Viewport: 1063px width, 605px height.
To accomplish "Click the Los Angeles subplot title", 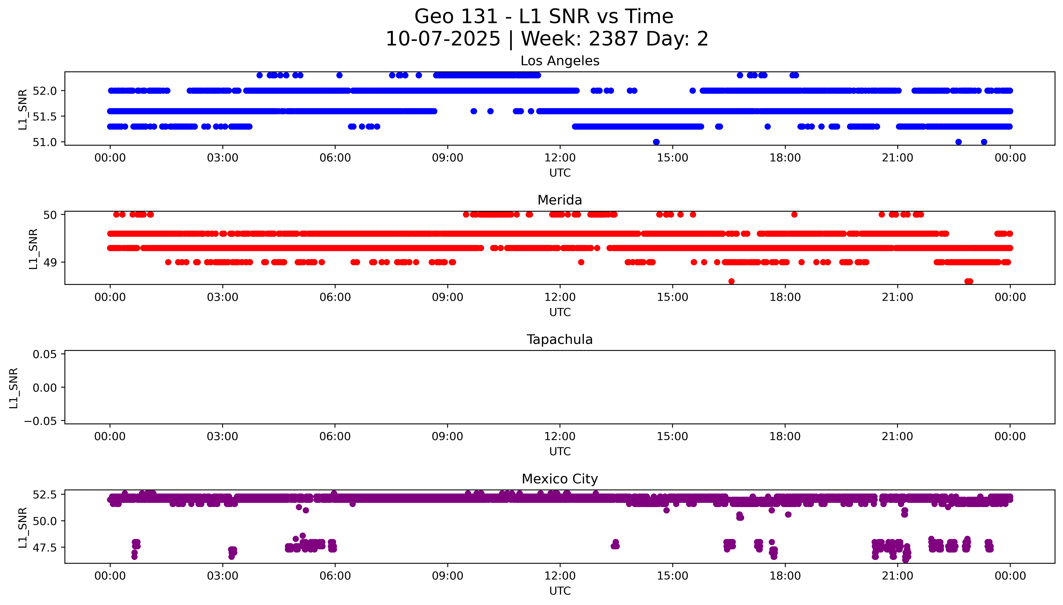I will coord(560,61).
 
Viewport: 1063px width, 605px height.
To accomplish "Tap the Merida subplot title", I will coord(560,200).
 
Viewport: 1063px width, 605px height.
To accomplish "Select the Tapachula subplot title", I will coord(560,340).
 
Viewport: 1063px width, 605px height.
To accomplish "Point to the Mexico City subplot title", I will coord(560,479).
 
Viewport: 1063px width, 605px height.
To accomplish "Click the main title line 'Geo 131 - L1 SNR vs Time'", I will coord(544,17).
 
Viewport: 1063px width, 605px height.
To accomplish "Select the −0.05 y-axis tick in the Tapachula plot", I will coord(40,421).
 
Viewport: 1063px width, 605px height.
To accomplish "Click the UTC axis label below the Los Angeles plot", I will coord(560,173).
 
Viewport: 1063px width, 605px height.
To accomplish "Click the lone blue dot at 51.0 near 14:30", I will coord(656,142).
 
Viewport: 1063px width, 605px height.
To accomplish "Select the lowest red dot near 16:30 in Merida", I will coord(731,281).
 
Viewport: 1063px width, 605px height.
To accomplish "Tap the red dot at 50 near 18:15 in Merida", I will coord(794,214).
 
